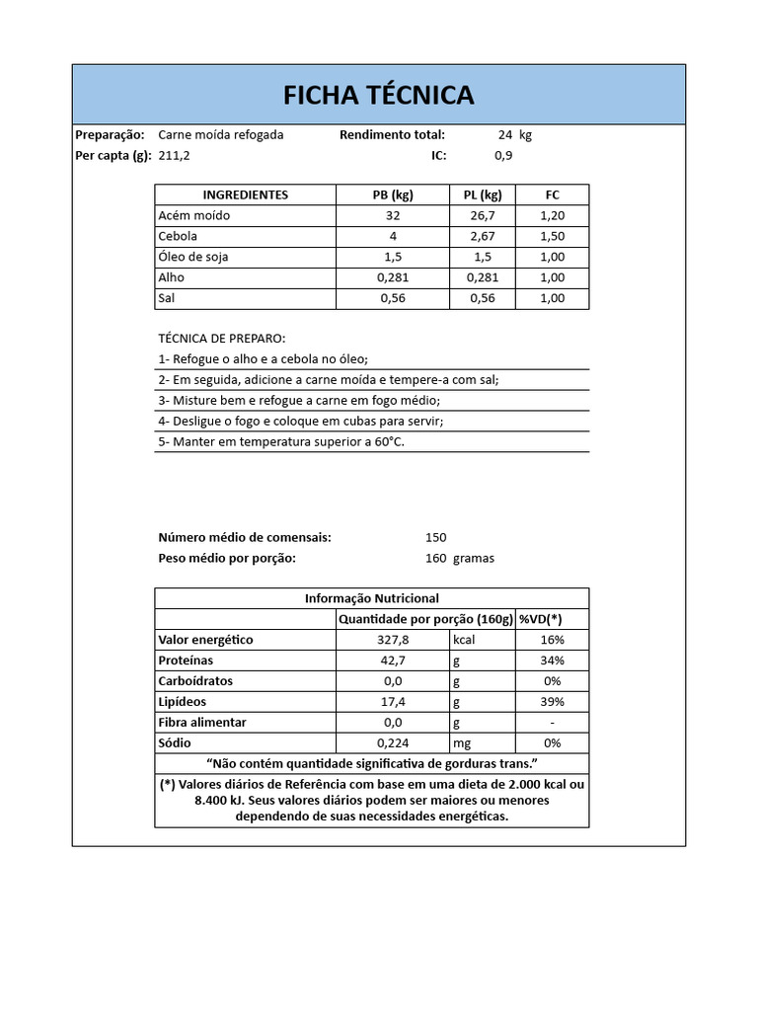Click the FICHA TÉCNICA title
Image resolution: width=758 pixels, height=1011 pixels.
[x=378, y=95]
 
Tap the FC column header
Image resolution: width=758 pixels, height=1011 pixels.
[x=552, y=194]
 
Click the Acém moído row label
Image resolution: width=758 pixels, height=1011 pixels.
[x=193, y=215]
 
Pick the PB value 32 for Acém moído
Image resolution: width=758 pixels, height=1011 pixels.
[x=393, y=215]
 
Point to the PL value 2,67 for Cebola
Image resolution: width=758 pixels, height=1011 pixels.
[x=482, y=236]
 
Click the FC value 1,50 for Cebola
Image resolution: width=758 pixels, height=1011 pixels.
[x=552, y=236]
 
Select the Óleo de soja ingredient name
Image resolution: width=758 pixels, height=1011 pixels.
[x=193, y=257]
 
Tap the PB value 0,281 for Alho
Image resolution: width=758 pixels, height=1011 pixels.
[x=393, y=277]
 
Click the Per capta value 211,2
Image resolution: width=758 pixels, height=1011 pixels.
[x=174, y=155]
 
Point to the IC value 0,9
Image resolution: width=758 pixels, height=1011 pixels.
[x=503, y=155]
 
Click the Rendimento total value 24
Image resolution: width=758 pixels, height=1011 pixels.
[x=505, y=134]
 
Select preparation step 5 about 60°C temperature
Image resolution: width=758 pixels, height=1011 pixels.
[x=281, y=441]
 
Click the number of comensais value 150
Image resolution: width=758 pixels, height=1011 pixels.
[x=435, y=537]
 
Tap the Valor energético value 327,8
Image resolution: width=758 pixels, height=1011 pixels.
[x=393, y=640]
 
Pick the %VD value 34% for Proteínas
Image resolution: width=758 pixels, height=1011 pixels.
[x=552, y=661]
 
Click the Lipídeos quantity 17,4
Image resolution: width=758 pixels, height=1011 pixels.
[x=393, y=702]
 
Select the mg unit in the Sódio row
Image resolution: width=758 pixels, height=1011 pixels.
[x=462, y=743]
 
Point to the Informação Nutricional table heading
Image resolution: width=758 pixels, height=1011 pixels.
[x=371, y=598]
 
